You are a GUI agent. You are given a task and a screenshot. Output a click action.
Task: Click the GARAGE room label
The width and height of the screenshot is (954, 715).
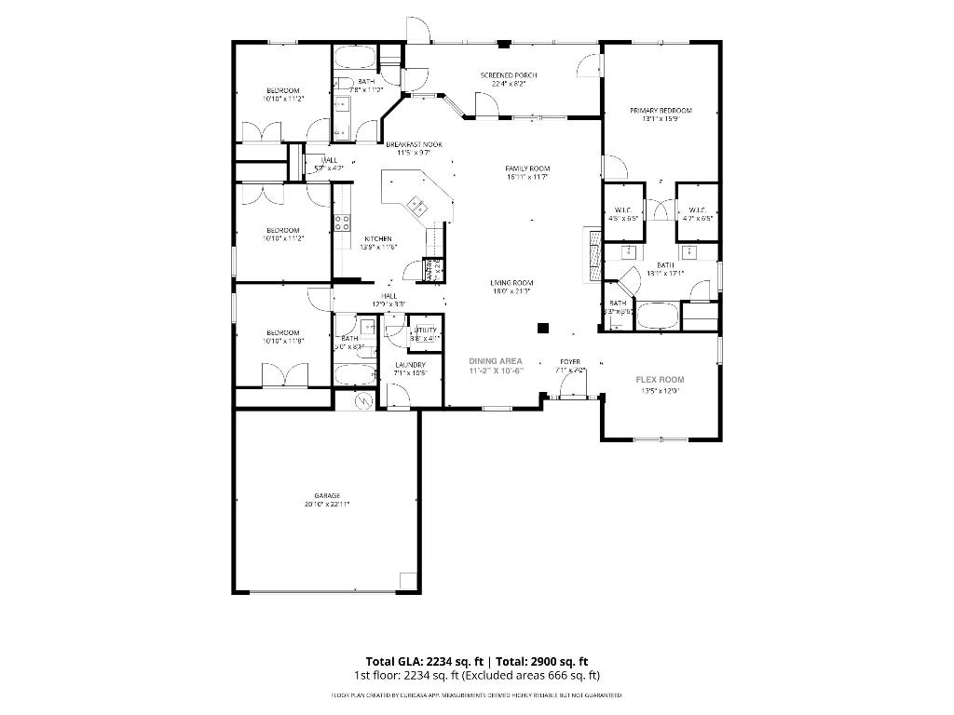click(x=326, y=495)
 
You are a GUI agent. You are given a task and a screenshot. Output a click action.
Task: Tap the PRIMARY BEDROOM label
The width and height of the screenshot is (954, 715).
click(x=661, y=110)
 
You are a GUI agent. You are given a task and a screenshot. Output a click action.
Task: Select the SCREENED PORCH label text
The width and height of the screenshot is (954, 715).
click(x=508, y=75)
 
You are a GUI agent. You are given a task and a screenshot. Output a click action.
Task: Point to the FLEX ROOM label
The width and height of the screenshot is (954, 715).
click(x=660, y=380)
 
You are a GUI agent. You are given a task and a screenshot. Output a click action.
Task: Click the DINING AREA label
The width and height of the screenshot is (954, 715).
click(x=496, y=360)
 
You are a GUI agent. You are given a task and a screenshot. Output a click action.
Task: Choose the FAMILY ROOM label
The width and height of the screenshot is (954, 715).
click(x=527, y=169)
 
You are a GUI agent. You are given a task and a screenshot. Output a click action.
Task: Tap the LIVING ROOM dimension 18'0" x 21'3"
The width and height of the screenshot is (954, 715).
click(x=511, y=291)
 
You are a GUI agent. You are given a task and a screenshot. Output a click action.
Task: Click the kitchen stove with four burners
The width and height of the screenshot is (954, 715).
click(x=342, y=222)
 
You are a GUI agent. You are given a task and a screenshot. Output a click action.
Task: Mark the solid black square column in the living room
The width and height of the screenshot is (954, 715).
click(x=542, y=327)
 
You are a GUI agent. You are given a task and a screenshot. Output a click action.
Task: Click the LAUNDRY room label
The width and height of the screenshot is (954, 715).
click(x=410, y=365)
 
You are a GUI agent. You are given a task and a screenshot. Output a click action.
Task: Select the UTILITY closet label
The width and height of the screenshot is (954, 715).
click(x=426, y=331)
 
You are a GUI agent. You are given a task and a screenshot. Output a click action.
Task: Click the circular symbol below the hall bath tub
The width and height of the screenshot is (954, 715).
click(x=363, y=399)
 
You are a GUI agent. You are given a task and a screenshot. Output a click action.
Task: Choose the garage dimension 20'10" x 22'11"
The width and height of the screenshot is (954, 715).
click(x=326, y=505)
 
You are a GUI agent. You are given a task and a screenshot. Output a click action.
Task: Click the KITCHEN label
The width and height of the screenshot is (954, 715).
click(x=377, y=238)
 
